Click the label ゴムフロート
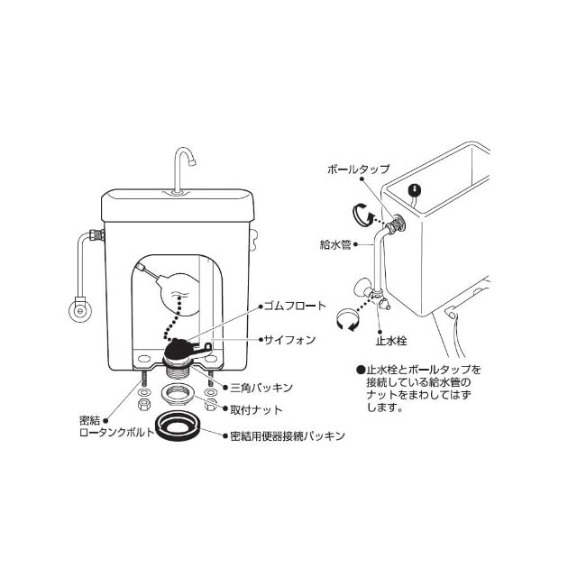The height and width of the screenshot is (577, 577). click(x=293, y=306)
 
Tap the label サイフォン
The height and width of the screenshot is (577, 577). click(x=288, y=340)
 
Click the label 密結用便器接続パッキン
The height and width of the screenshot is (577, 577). click(x=288, y=436)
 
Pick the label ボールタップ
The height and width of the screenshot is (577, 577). click(x=359, y=169)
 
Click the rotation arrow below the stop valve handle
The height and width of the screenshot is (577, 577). click(x=346, y=319)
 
